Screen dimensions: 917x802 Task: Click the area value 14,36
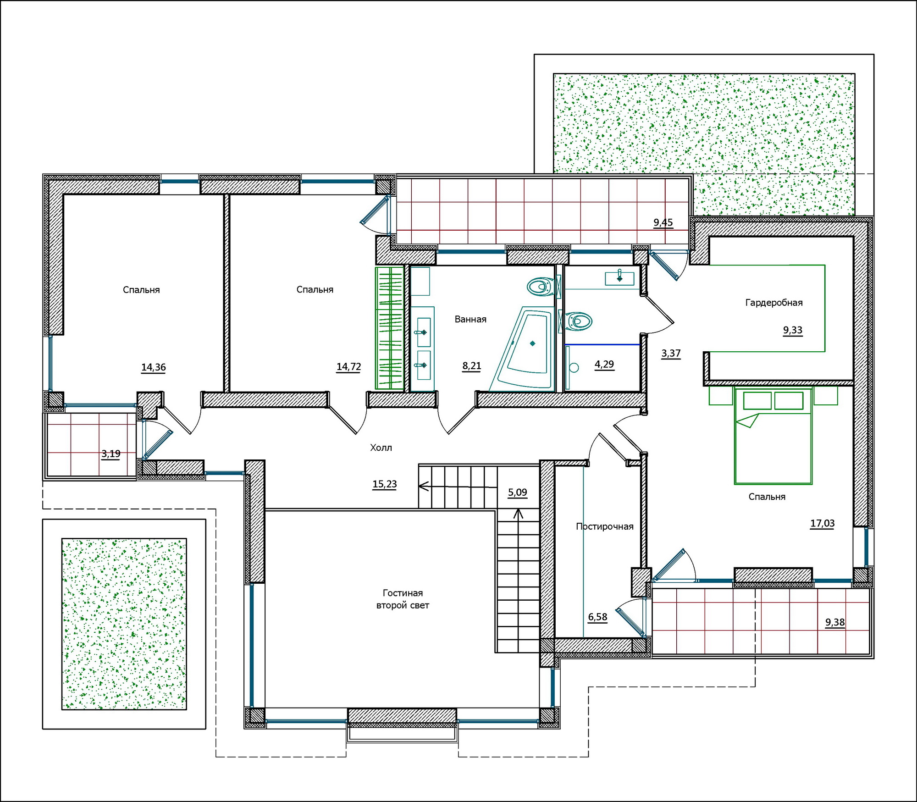pos(154,367)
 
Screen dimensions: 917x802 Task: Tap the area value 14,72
pos(349,367)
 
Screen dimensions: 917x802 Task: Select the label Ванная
pos(470,319)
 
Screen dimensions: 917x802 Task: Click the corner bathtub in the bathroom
pos(522,348)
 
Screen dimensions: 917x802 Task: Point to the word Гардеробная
pos(774,303)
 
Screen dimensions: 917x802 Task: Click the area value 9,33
pos(793,330)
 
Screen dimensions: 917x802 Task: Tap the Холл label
pos(381,448)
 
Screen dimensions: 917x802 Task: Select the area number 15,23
pos(385,484)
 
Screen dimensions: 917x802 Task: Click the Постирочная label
pos(605,526)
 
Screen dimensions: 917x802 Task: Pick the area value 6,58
pos(598,617)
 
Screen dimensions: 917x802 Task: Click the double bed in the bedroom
pos(773,436)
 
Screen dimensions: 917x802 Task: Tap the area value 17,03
pos(823,524)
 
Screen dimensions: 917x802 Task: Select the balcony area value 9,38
pos(835,622)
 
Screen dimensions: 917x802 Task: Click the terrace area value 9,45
pos(663,223)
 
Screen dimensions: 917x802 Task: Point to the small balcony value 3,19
pos(111,454)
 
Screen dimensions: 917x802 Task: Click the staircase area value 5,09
pos(518,492)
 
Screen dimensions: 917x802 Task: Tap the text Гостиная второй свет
pos(403,599)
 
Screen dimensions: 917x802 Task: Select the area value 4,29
pos(604,365)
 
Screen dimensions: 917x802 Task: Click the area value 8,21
pos(472,366)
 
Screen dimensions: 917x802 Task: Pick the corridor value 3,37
pos(671,354)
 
